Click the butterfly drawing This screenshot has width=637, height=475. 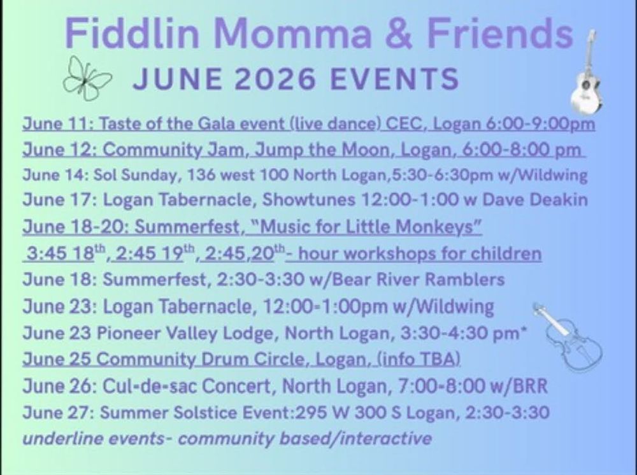tap(86, 78)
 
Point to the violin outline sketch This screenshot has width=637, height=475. tap(568, 337)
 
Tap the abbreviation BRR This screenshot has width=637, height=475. tap(531, 386)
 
